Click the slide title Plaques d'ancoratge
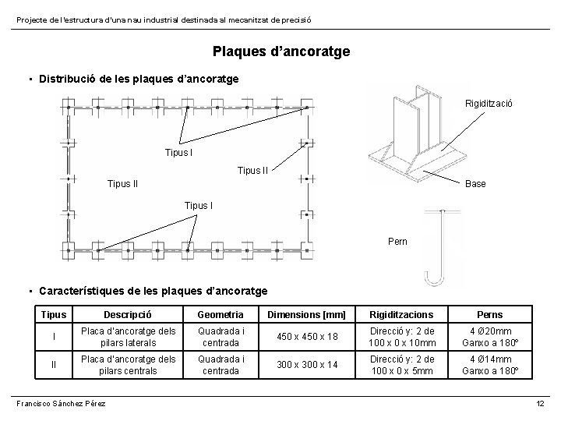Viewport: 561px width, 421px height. [x=281, y=52]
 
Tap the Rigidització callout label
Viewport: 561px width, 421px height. [x=489, y=104]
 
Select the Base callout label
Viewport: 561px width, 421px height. [x=475, y=184]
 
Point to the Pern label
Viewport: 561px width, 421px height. [x=397, y=242]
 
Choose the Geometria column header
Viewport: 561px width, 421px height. [x=221, y=314]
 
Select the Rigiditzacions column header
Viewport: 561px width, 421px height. [x=403, y=314]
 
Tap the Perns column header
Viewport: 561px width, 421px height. [x=489, y=314]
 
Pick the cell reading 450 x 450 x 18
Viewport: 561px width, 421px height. [x=300, y=338]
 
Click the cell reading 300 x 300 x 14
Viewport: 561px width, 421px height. [x=300, y=365]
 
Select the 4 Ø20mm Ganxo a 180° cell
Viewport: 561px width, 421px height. [x=489, y=338]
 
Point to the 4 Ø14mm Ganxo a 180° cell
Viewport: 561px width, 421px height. [x=489, y=365]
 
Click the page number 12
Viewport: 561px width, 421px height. [x=540, y=402]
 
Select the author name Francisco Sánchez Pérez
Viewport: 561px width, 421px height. [x=62, y=402]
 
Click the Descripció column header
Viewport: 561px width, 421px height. [x=127, y=314]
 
